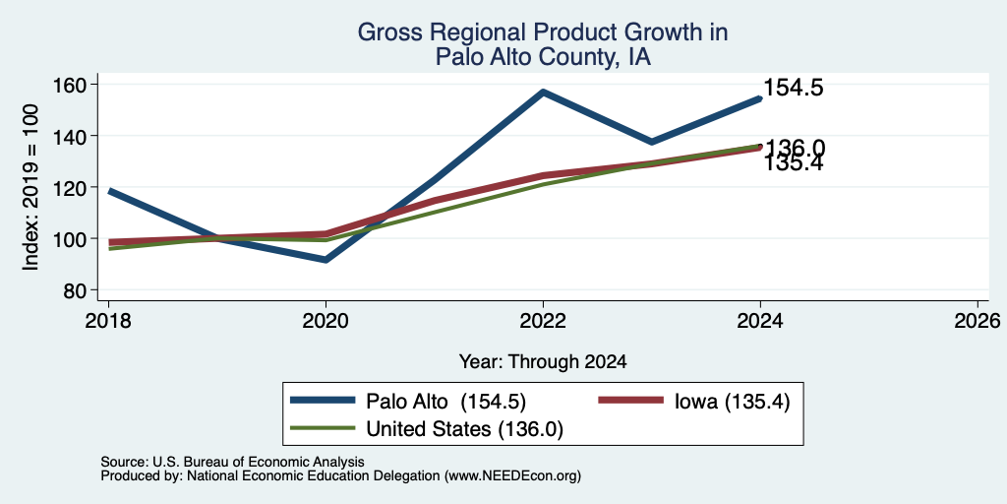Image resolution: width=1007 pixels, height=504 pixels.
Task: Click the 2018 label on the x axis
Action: tap(108, 321)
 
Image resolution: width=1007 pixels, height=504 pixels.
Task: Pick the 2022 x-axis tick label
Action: tap(543, 321)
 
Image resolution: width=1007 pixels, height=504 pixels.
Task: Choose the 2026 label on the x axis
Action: tap(977, 321)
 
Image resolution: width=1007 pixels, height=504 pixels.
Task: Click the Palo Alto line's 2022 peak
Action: tap(543, 92)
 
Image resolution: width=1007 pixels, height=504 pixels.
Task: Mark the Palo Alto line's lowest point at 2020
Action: tap(326, 260)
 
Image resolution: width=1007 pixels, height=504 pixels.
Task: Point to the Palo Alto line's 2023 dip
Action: tap(652, 142)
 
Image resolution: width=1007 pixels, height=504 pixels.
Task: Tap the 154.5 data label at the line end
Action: tap(794, 88)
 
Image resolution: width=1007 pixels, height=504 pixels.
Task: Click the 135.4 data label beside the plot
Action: tap(794, 163)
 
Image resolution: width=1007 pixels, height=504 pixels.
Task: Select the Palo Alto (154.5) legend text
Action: tap(445, 402)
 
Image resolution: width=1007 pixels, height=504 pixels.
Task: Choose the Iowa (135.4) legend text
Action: tap(732, 402)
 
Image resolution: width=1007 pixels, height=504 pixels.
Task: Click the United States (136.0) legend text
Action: tap(464, 429)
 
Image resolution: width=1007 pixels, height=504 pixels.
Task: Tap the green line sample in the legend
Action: tap(323, 427)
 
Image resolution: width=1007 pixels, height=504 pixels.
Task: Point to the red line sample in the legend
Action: tap(630, 401)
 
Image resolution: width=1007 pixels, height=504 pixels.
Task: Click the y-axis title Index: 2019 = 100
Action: tap(30, 187)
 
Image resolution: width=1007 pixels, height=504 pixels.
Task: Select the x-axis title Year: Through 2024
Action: tap(543, 362)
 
